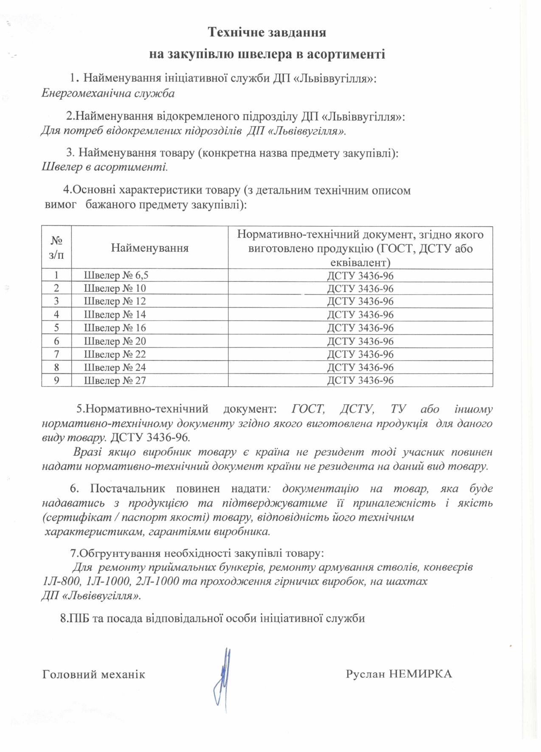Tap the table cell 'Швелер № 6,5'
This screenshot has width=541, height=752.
116,275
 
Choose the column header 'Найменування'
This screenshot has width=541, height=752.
149,248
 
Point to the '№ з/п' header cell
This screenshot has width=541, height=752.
56,248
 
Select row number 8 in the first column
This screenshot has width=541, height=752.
56,367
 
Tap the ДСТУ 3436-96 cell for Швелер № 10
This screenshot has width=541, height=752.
360,289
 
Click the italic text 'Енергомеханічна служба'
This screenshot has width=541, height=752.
108,93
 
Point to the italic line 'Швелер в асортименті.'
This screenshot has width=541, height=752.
104,167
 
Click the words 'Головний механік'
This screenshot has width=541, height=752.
93,674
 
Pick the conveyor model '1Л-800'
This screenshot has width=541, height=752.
58,581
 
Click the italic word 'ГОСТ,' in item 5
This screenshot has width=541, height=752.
308,409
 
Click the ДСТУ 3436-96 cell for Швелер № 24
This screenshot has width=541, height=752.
360,367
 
